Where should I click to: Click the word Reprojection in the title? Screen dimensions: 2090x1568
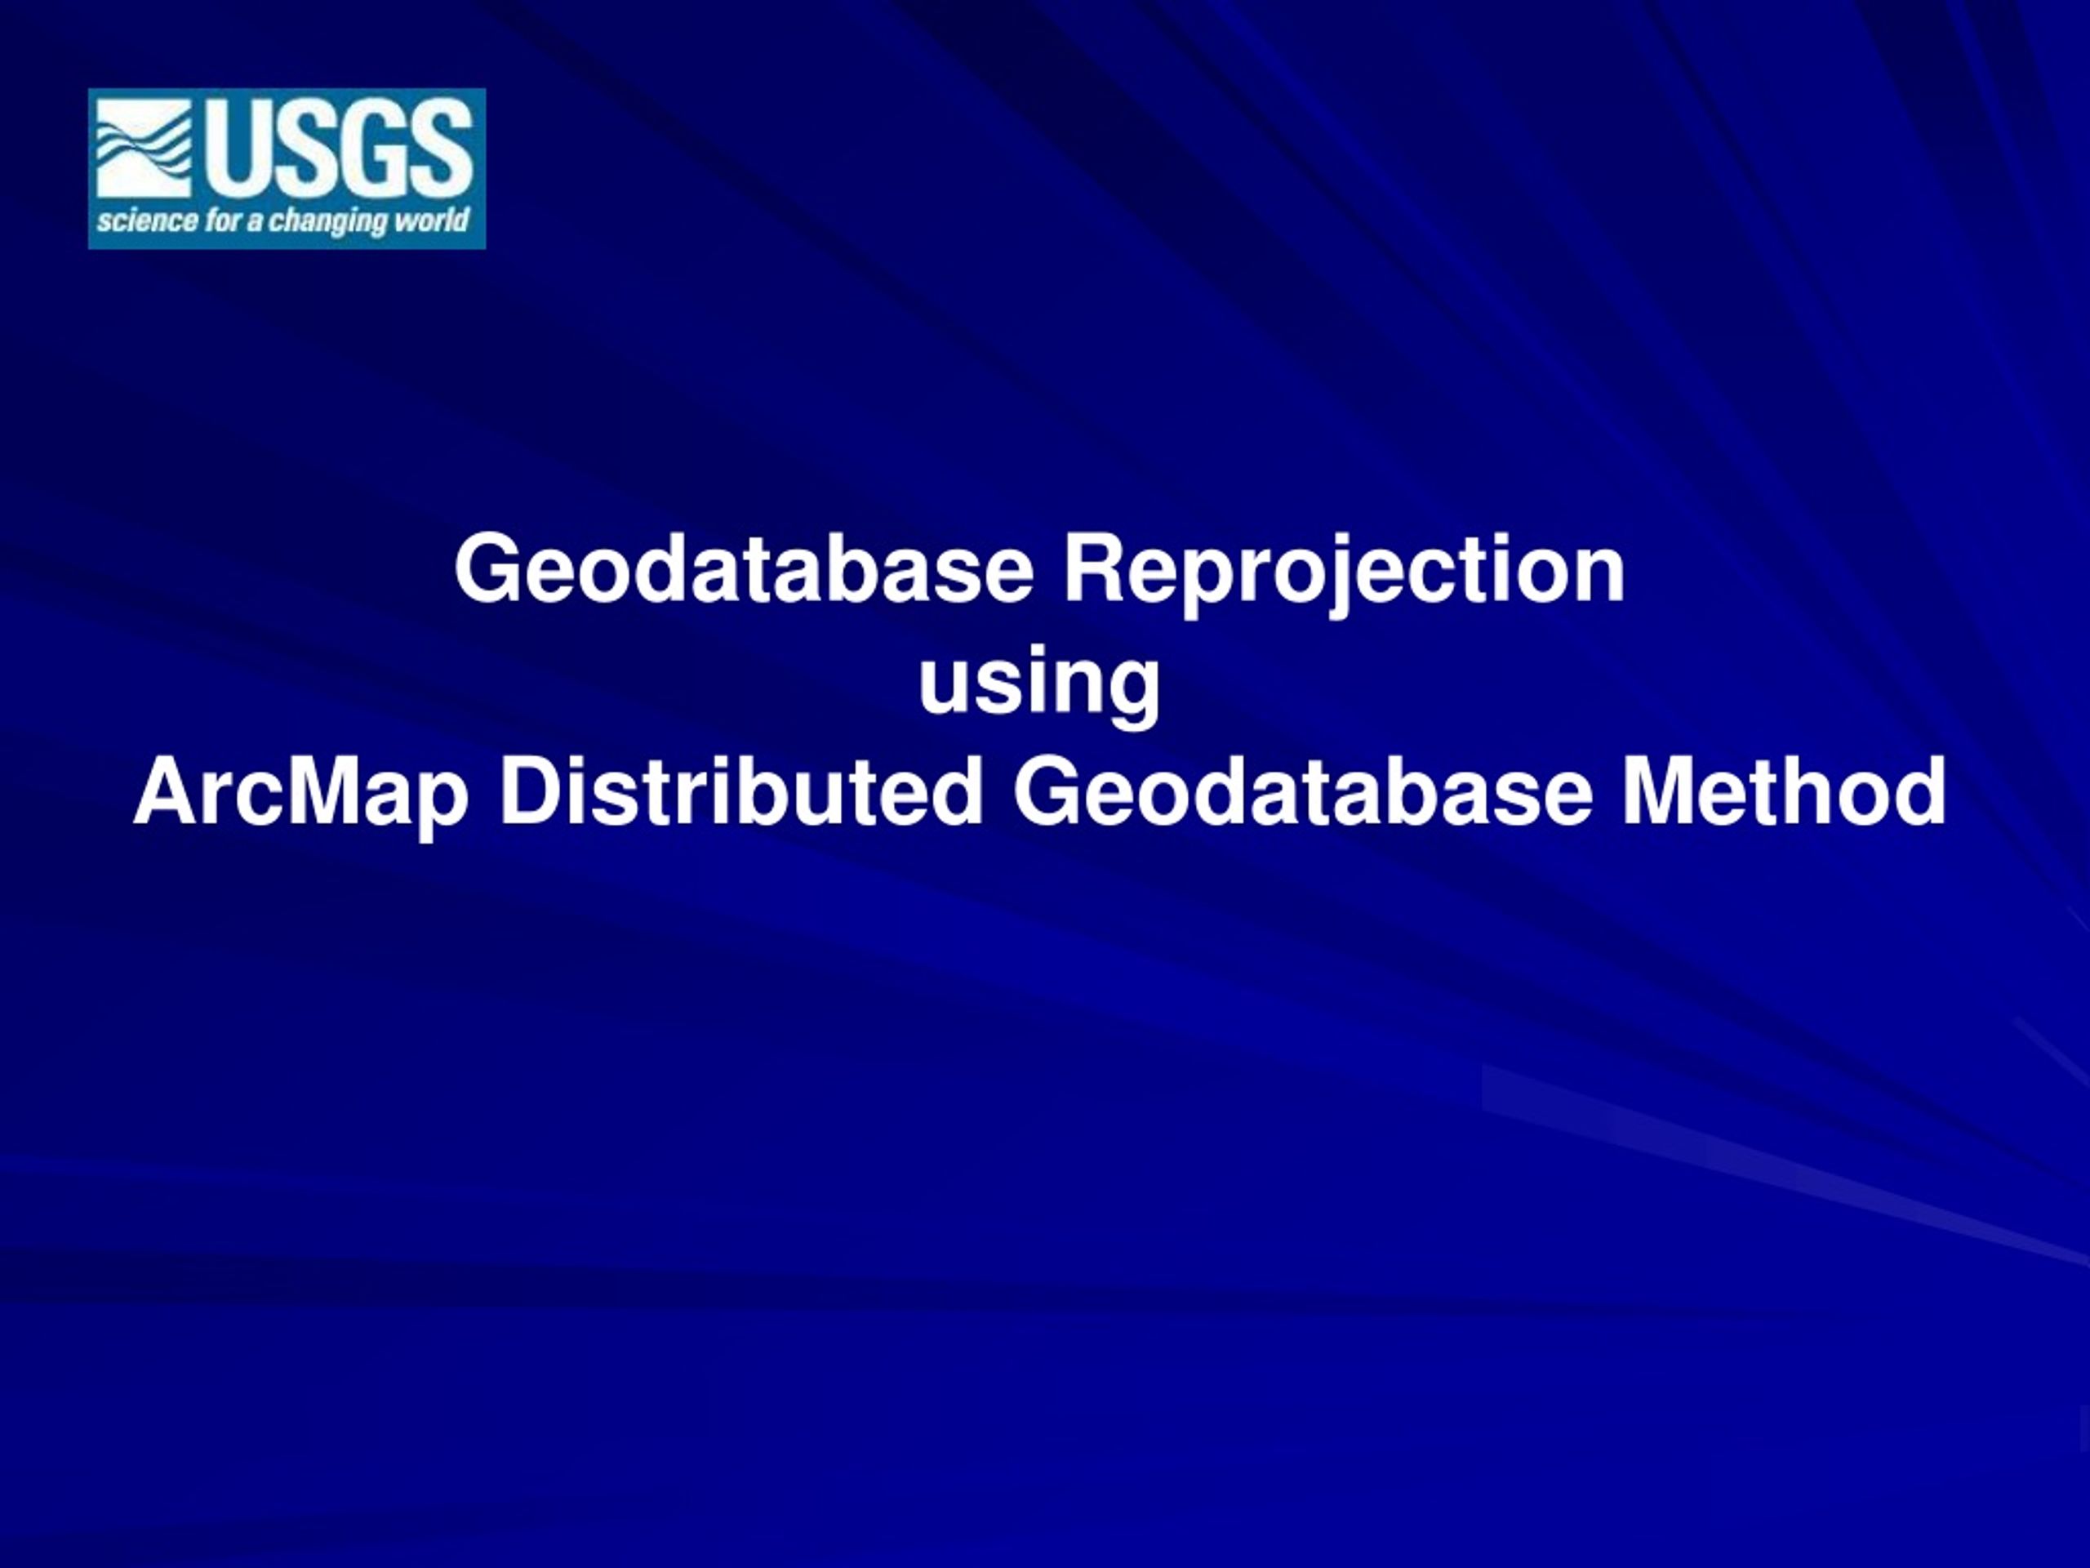(x=1345, y=571)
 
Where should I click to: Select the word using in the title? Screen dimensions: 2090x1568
(x=1039, y=684)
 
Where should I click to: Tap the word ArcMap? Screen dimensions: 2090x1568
(x=301, y=795)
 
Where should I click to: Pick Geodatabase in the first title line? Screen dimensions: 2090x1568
(x=744, y=569)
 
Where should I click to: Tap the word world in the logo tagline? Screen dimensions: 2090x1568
(x=430, y=221)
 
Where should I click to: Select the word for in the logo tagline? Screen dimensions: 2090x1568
(x=222, y=222)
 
